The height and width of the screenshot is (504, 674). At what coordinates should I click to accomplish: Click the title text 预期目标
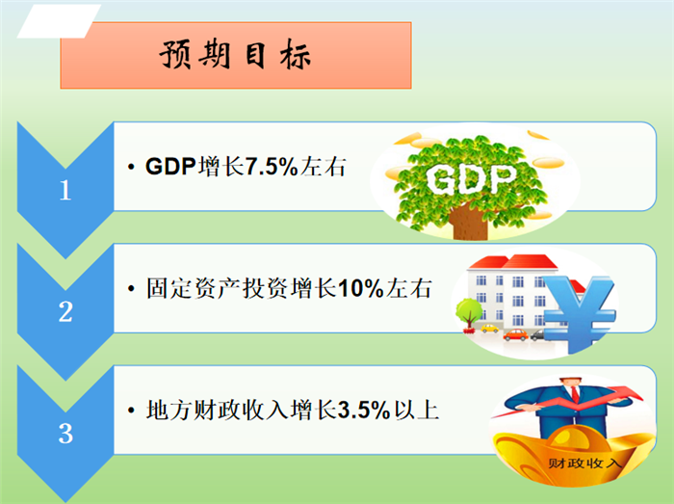(x=235, y=56)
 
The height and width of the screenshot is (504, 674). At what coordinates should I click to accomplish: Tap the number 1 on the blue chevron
(x=65, y=190)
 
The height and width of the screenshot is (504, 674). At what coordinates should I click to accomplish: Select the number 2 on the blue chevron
(x=65, y=312)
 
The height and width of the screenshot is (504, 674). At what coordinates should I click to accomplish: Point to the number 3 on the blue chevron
(x=65, y=433)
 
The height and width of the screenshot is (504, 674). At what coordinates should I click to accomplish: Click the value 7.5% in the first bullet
(x=272, y=167)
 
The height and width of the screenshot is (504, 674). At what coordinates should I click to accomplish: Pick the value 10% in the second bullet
(x=360, y=288)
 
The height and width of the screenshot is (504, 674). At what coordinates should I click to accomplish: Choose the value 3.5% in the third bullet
(x=364, y=410)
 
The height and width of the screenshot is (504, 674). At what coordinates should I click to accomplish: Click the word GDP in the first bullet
(x=170, y=167)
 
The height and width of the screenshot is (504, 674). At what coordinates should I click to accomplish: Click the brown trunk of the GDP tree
(x=470, y=223)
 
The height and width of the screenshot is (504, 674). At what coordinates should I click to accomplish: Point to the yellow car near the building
(x=489, y=329)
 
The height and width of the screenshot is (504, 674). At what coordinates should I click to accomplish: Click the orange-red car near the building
(x=515, y=334)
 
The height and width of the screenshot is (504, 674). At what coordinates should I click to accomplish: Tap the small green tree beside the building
(x=469, y=314)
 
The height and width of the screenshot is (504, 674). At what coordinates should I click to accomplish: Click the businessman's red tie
(x=575, y=394)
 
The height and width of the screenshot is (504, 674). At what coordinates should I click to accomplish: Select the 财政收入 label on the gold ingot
(x=584, y=464)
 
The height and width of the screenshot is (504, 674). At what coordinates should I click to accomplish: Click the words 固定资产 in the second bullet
(x=193, y=288)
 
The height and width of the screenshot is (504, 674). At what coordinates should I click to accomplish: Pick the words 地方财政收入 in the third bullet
(x=217, y=410)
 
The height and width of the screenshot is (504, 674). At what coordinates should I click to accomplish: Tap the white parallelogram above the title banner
(x=60, y=21)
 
